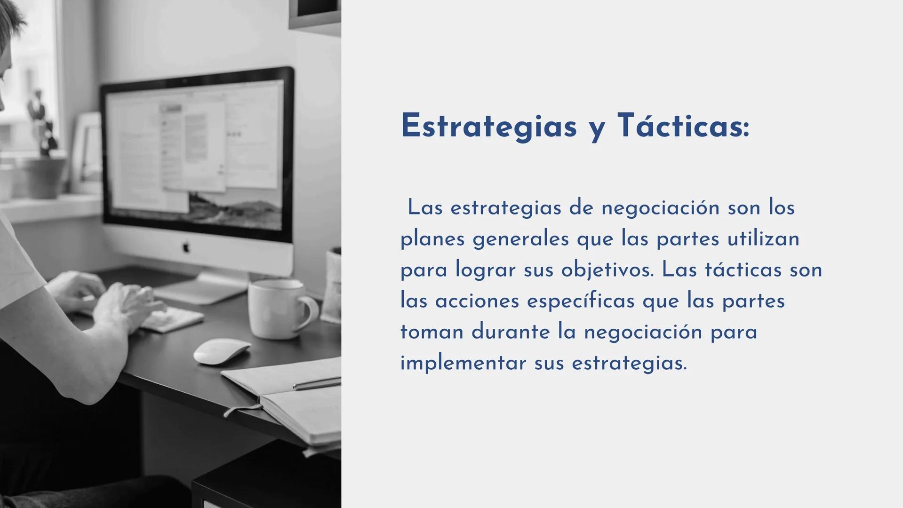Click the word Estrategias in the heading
coord(488,126)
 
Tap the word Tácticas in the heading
coord(683,126)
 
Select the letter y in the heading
coord(597,129)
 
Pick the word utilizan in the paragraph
coord(763,238)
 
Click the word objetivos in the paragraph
coord(607,270)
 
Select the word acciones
coord(477,301)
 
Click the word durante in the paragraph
coord(511,332)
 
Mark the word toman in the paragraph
coord(432,332)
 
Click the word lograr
coord(486,270)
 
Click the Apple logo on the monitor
coord(185,246)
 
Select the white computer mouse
coord(222,351)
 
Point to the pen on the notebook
coord(316,384)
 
